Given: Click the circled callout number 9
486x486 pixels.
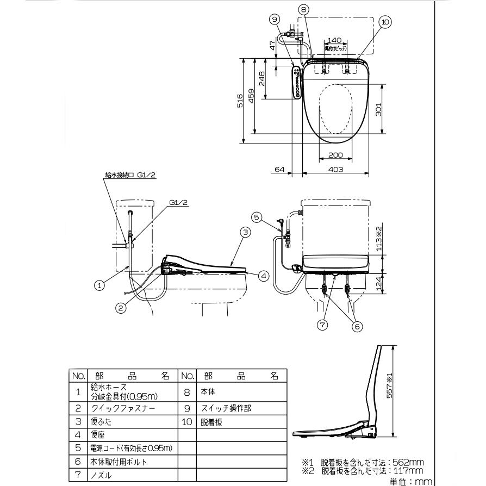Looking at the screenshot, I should [x=276, y=18].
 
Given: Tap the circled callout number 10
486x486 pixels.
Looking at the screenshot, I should [x=385, y=22].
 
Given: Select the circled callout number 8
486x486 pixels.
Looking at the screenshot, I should [x=304, y=9].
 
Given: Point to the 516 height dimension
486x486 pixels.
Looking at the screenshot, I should [x=240, y=101].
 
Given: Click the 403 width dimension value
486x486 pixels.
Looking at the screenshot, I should [x=336, y=170].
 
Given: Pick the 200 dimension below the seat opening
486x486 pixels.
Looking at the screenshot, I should [x=336, y=155].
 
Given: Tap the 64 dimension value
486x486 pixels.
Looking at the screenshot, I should [x=279, y=170].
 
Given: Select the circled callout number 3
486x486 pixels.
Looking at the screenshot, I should [x=245, y=232].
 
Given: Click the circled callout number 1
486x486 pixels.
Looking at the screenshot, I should [x=99, y=284].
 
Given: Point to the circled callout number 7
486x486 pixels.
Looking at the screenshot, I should [x=322, y=325].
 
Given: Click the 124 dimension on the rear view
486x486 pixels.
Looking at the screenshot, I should [x=379, y=283].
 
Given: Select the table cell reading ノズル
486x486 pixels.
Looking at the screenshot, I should [x=102, y=475].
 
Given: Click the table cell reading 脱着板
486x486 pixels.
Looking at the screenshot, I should [x=211, y=421].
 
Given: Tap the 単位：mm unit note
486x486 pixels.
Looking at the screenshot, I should [x=410, y=481].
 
